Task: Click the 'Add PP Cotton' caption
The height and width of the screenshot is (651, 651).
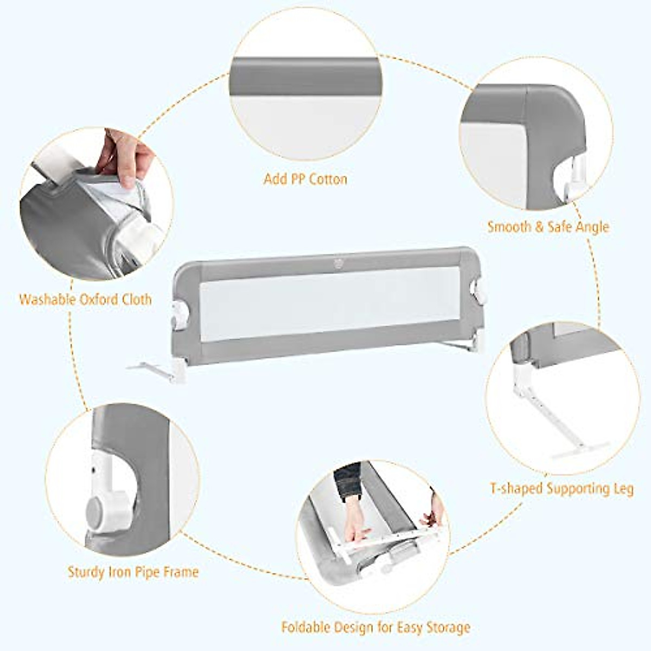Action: tap(305, 179)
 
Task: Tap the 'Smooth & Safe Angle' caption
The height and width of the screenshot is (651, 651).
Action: tap(548, 227)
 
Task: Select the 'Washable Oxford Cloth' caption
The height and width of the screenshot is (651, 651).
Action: tap(85, 299)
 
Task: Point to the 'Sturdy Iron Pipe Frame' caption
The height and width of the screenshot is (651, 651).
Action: tap(133, 572)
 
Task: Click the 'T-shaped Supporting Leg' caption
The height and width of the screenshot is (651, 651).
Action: tap(561, 488)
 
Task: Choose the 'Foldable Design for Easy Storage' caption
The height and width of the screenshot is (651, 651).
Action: tap(375, 628)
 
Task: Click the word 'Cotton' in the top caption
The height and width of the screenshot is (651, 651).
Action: tap(325, 179)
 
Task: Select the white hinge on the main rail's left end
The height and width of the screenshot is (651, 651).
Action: tap(180, 314)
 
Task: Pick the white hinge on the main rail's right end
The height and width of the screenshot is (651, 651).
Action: tap(478, 290)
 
